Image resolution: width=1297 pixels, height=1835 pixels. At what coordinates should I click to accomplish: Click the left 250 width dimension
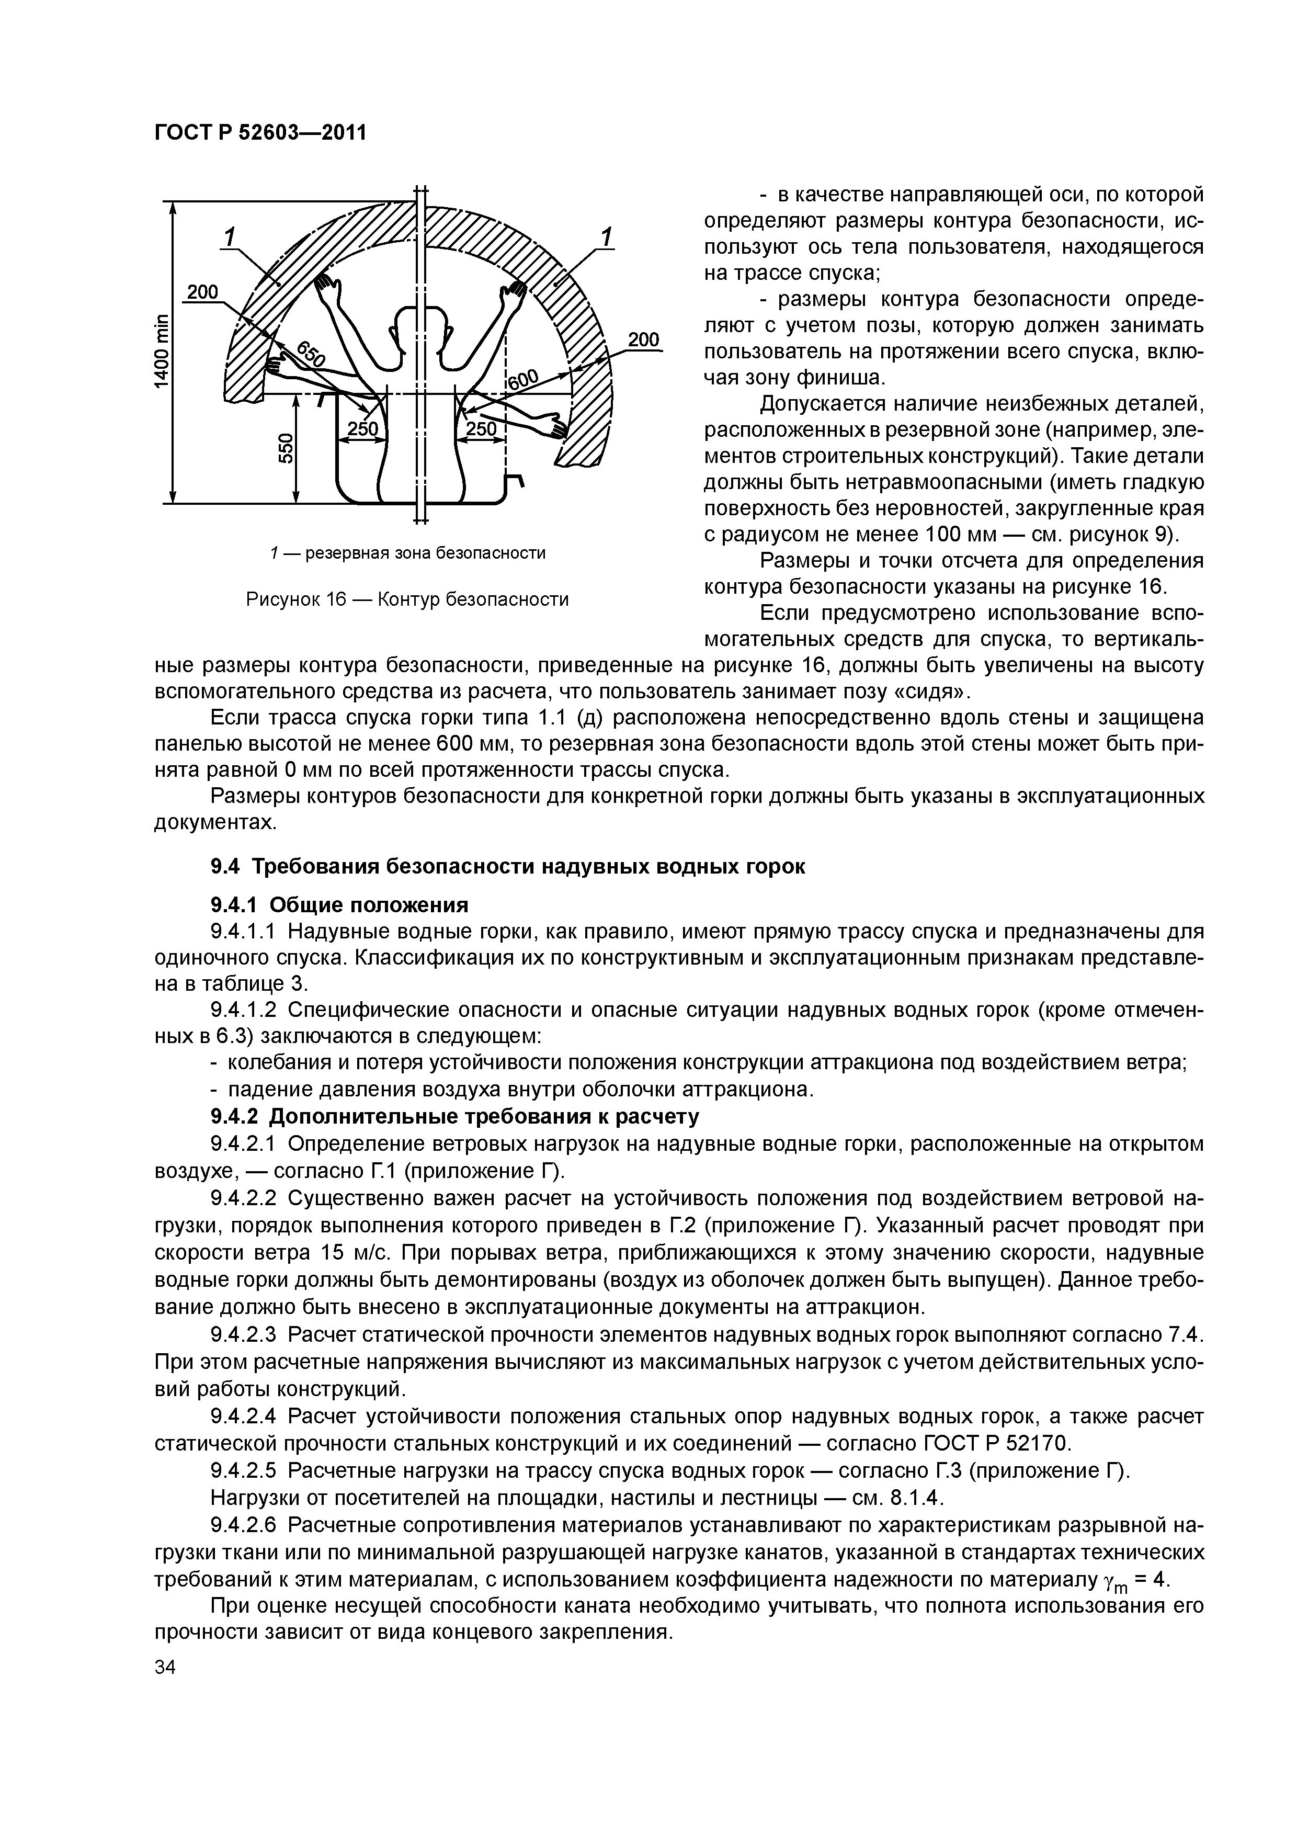click(x=362, y=430)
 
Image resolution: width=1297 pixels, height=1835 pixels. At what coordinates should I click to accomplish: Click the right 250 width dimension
click(x=480, y=430)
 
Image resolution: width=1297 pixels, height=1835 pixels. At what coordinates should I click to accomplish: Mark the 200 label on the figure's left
click(x=202, y=292)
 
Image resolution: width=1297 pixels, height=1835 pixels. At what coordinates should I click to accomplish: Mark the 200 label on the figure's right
click(x=643, y=339)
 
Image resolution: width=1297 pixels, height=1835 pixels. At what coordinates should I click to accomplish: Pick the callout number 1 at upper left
click(x=230, y=238)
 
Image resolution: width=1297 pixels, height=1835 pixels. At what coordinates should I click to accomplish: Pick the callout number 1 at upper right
click(x=607, y=238)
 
